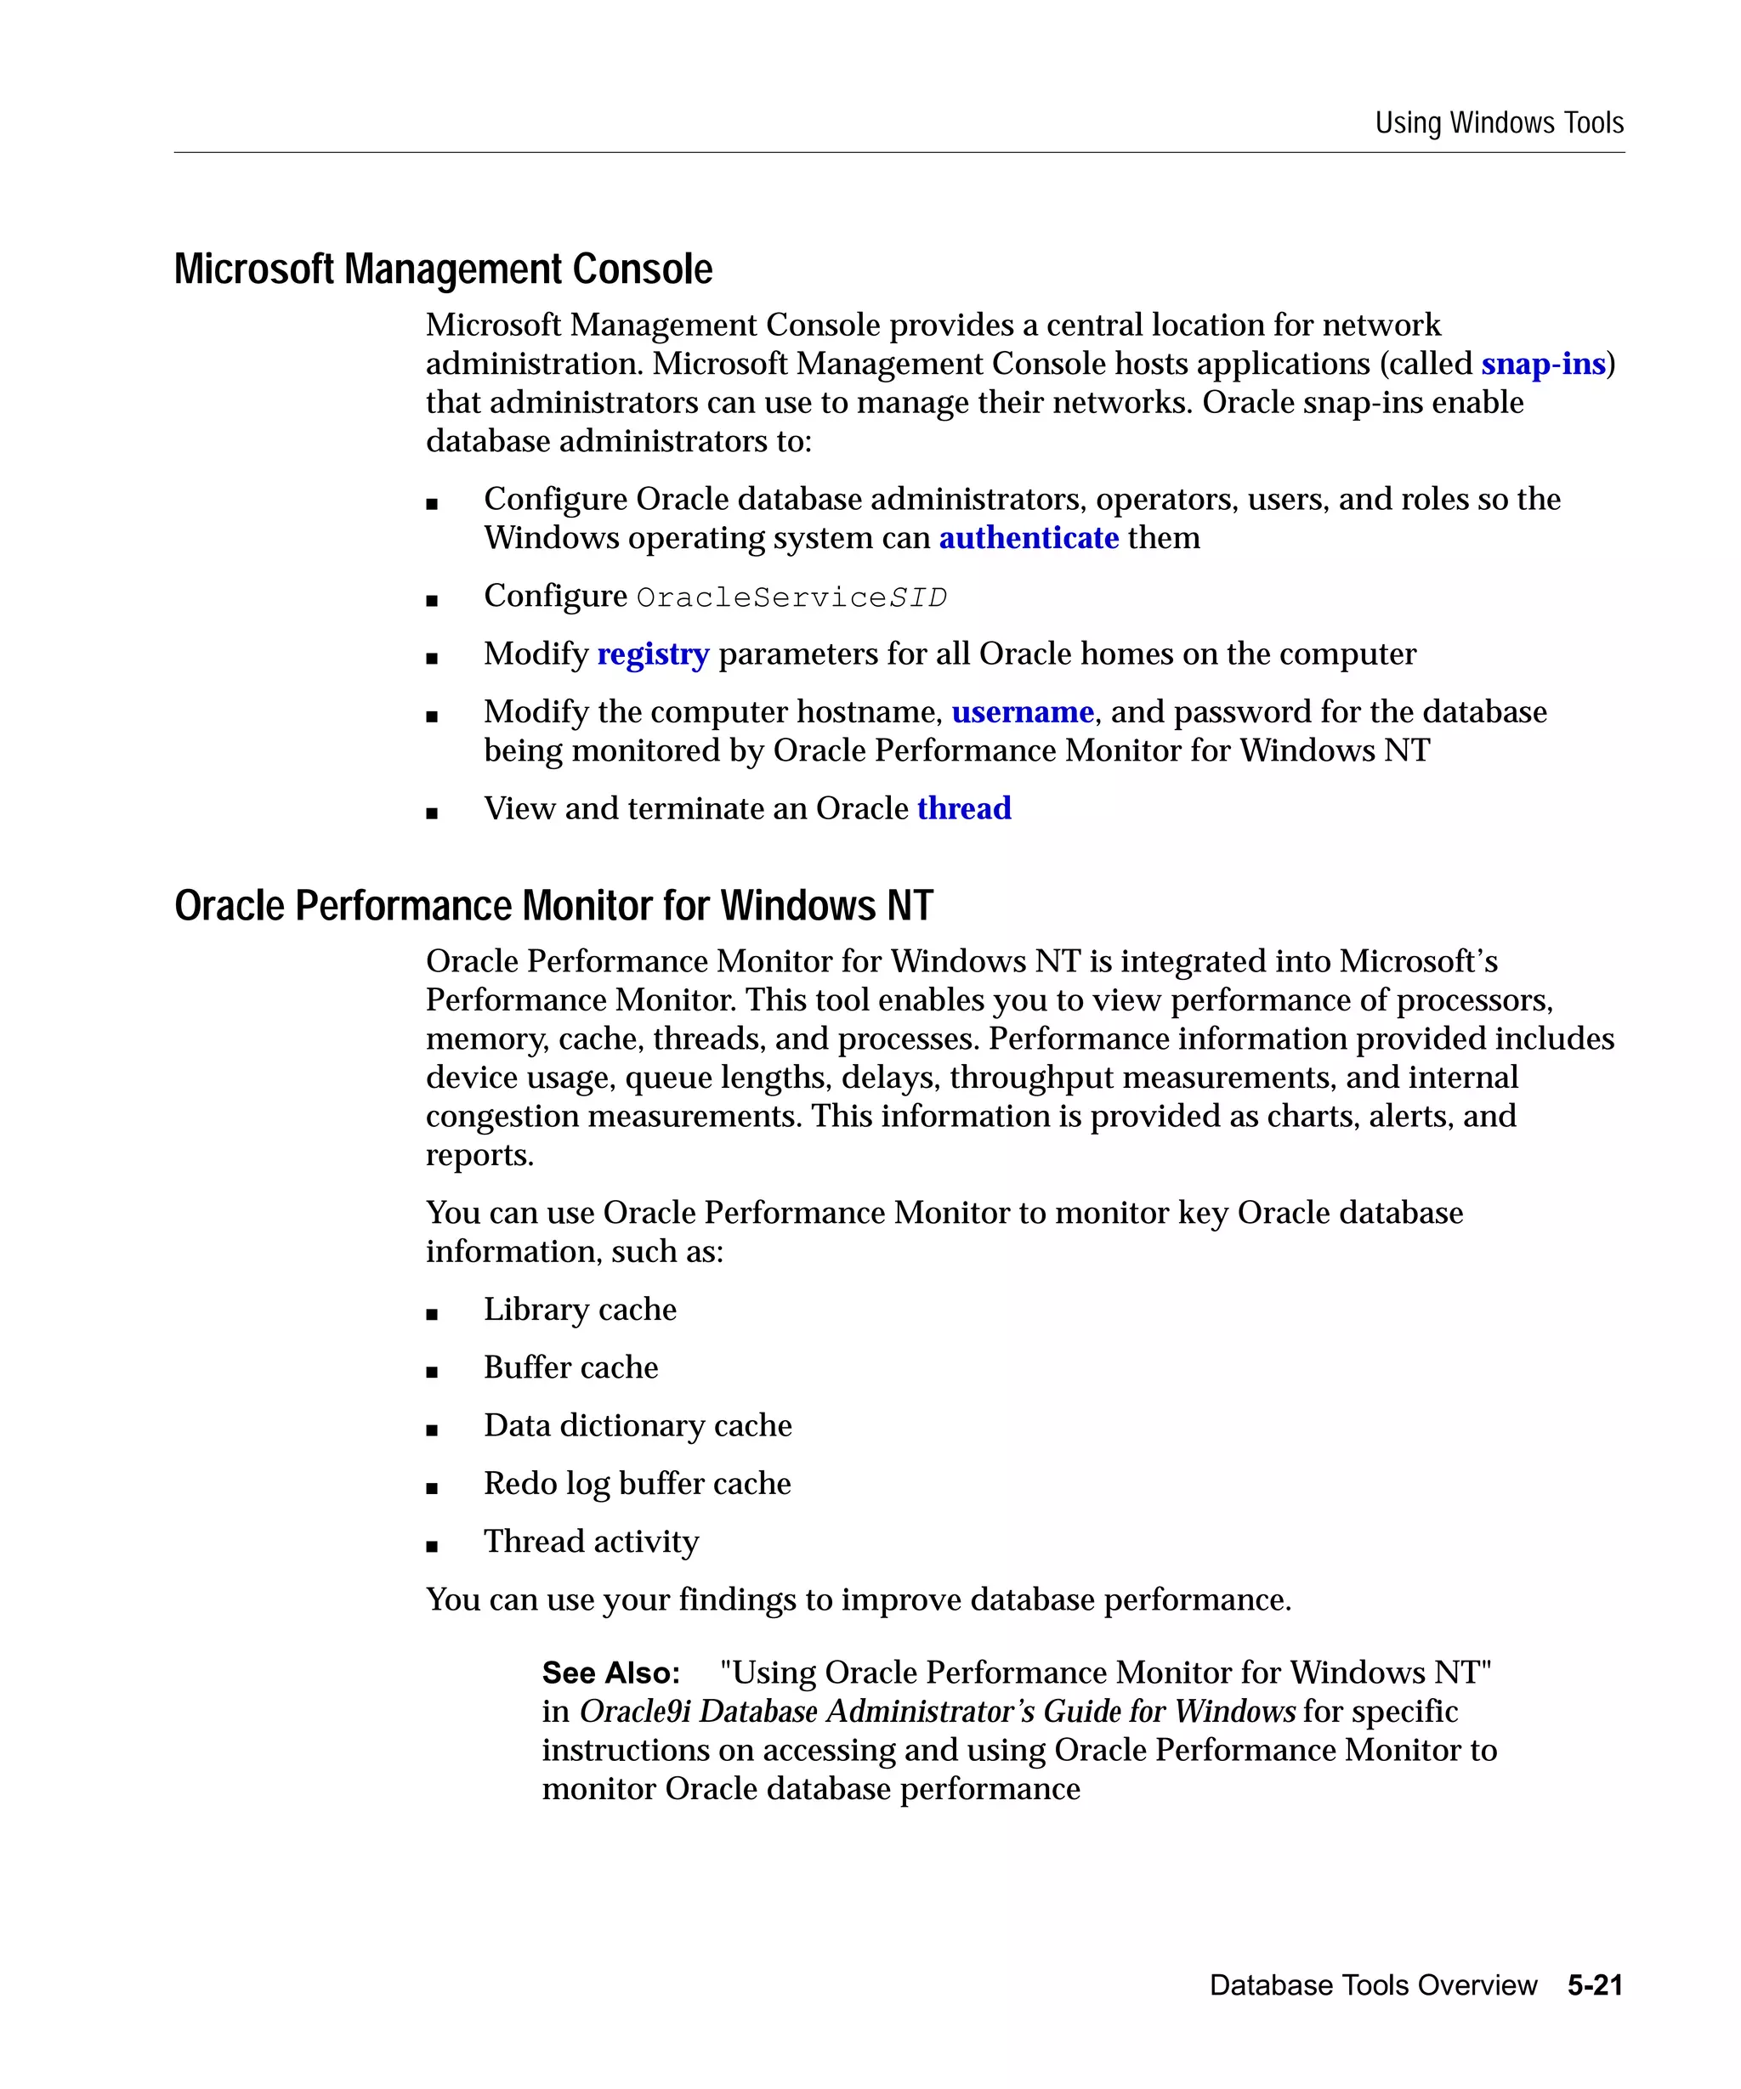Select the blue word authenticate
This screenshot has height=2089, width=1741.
(x=1028, y=538)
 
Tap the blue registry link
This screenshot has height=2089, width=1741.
(x=653, y=654)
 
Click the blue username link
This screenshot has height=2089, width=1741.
(x=1022, y=712)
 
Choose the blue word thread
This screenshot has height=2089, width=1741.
(x=963, y=809)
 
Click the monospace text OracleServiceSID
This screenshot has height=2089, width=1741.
(x=791, y=597)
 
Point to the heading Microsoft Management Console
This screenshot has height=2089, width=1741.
(x=443, y=269)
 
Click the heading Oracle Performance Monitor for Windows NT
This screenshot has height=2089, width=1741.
(x=553, y=906)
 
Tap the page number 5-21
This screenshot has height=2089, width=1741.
(x=1594, y=1985)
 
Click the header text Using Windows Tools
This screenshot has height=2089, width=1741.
(x=1498, y=123)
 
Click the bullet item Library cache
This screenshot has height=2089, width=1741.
(x=579, y=1311)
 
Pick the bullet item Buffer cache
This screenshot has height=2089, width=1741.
(x=570, y=1367)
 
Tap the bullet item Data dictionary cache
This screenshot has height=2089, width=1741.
(x=637, y=1425)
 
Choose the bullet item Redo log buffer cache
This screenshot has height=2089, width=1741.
(x=637, y=1484)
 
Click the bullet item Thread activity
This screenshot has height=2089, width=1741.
(x=591, y=1542)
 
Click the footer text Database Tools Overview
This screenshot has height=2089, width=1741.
(x=1372, y=1985)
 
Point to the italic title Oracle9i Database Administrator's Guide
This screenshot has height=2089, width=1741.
(x=935, y=1712)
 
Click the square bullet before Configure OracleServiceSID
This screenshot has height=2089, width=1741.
(x=432, y=601)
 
